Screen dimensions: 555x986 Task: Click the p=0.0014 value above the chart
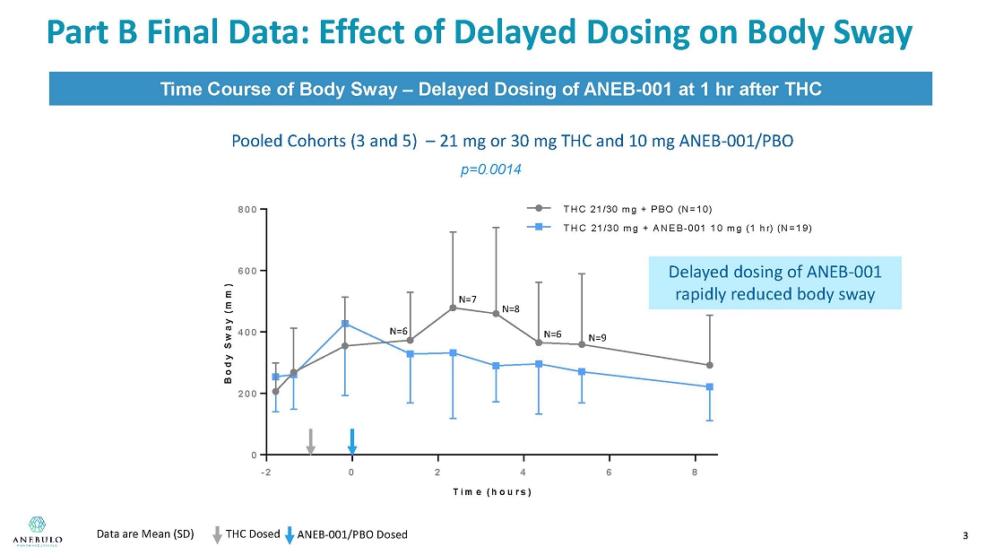[490, 169]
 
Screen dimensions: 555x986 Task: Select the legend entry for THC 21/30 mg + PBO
[636, 208]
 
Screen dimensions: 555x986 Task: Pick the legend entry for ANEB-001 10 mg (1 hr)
[687, 228]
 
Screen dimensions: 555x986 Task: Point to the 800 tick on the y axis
[247, 209]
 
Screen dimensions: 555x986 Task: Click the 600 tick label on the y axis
[247, 271]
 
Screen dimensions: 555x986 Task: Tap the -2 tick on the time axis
[266, 473]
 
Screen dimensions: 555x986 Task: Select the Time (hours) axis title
[491, 492]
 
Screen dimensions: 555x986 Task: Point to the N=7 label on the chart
[467, 299]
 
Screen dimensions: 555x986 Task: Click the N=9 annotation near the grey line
[597, 338]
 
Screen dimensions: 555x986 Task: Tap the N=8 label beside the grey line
[511, 309]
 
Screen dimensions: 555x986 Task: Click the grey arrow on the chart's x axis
[310, 441]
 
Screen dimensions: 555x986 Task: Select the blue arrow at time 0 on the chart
[352, 441]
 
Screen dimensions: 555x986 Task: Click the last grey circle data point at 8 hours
[709, 365]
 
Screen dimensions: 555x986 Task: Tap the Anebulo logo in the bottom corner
[37, 529]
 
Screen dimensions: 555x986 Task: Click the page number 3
[964, 536]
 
